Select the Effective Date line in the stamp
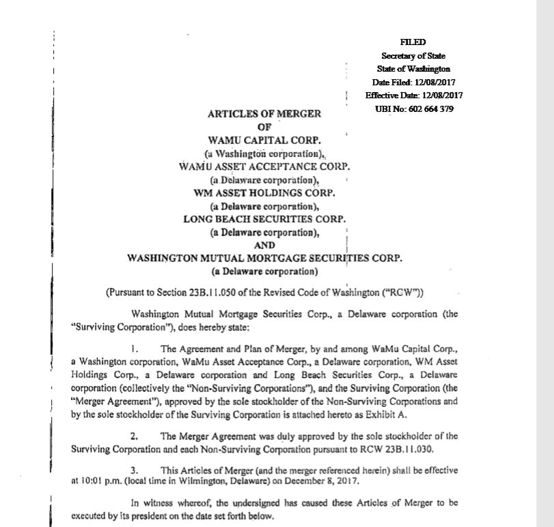(x=414, y=96)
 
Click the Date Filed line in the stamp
(x=414, y=83)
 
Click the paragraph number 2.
(x=134, y=435)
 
